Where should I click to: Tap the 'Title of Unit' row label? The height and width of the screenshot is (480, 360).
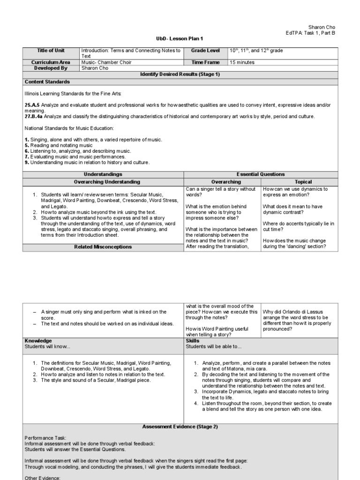tap(51, 51)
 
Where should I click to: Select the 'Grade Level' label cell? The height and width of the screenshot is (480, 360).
tap(205, 51)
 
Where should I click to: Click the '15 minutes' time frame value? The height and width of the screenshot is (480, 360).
tap(242, 62)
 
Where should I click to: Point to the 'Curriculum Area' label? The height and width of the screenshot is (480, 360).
tap(51, 62)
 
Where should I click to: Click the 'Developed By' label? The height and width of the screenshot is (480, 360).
tap(51, 68)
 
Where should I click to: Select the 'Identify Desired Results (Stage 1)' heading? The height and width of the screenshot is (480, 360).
tap(180, 75)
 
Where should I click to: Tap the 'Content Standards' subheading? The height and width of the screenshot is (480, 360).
tap(47, 82)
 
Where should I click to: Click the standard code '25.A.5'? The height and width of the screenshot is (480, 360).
tap(32, 105)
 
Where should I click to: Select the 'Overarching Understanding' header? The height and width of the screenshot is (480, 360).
tap(104, 181)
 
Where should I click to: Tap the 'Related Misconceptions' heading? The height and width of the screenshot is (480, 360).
tap(104, 247)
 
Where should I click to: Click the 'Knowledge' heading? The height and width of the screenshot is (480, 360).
tap(38, 341)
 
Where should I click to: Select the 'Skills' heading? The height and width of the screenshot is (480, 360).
tap(193, 341)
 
